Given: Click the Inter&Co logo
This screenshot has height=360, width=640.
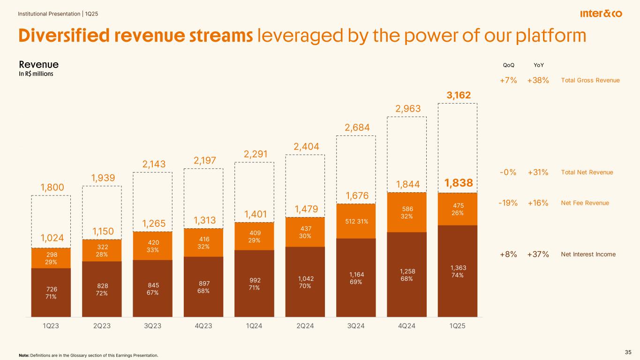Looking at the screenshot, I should tap(601, 14).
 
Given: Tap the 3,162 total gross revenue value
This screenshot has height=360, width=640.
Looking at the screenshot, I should tap(457, 96).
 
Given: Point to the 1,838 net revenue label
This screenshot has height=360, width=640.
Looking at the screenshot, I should tap(457, 183).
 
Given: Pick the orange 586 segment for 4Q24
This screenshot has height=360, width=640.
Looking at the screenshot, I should tap(407, 212).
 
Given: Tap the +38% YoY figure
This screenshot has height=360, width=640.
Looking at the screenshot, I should tap(538, 80).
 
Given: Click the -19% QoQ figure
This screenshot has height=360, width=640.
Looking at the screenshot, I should tap(508, 203).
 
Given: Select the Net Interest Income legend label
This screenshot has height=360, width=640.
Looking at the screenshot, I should tap(588, 255).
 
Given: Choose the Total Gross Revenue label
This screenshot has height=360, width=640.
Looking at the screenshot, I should tap(590, 81).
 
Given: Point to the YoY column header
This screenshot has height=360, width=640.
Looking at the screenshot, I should tap(537, 65).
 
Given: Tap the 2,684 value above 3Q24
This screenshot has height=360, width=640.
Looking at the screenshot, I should tap(356, 127).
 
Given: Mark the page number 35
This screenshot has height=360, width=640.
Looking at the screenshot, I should tap(628, 352).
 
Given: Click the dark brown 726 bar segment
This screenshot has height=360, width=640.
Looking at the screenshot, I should tap(51, 292).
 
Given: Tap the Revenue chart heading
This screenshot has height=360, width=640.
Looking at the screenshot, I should tap(38, 64).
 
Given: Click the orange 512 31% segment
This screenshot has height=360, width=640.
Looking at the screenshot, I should tap(356, 221).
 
